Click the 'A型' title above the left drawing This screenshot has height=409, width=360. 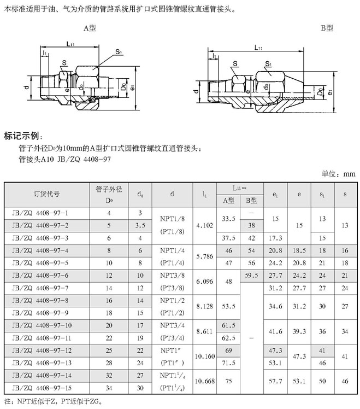coord(90,28)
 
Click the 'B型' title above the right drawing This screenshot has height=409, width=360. coord(327,28)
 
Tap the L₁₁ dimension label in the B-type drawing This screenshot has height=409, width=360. coord(258,48)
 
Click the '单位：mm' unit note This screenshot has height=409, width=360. coord(338,173)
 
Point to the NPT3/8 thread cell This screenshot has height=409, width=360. coord(173,275)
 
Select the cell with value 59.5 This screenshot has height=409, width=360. coord(252,275)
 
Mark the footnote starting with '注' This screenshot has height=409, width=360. coord(52,401)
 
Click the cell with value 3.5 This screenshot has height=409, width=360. coord(140,225)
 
